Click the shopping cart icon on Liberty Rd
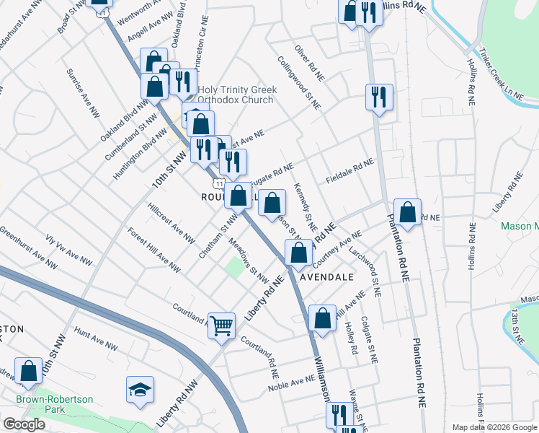[x=222, y=325]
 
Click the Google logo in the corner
[x=23, y=424]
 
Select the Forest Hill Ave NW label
[x=154, y=250]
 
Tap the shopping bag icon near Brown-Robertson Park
[x=29, y=370]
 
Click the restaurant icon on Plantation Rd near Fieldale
[x=378, y=97]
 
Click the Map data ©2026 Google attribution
[x=494, y=427]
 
